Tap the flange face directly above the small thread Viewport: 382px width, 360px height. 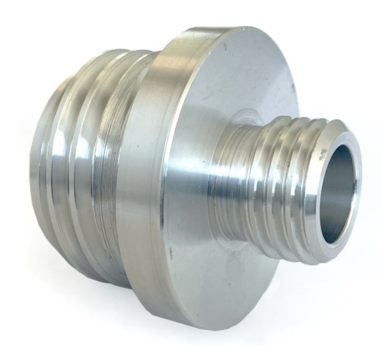[249, 81]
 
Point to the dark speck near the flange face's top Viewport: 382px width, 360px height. [227, 43]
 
